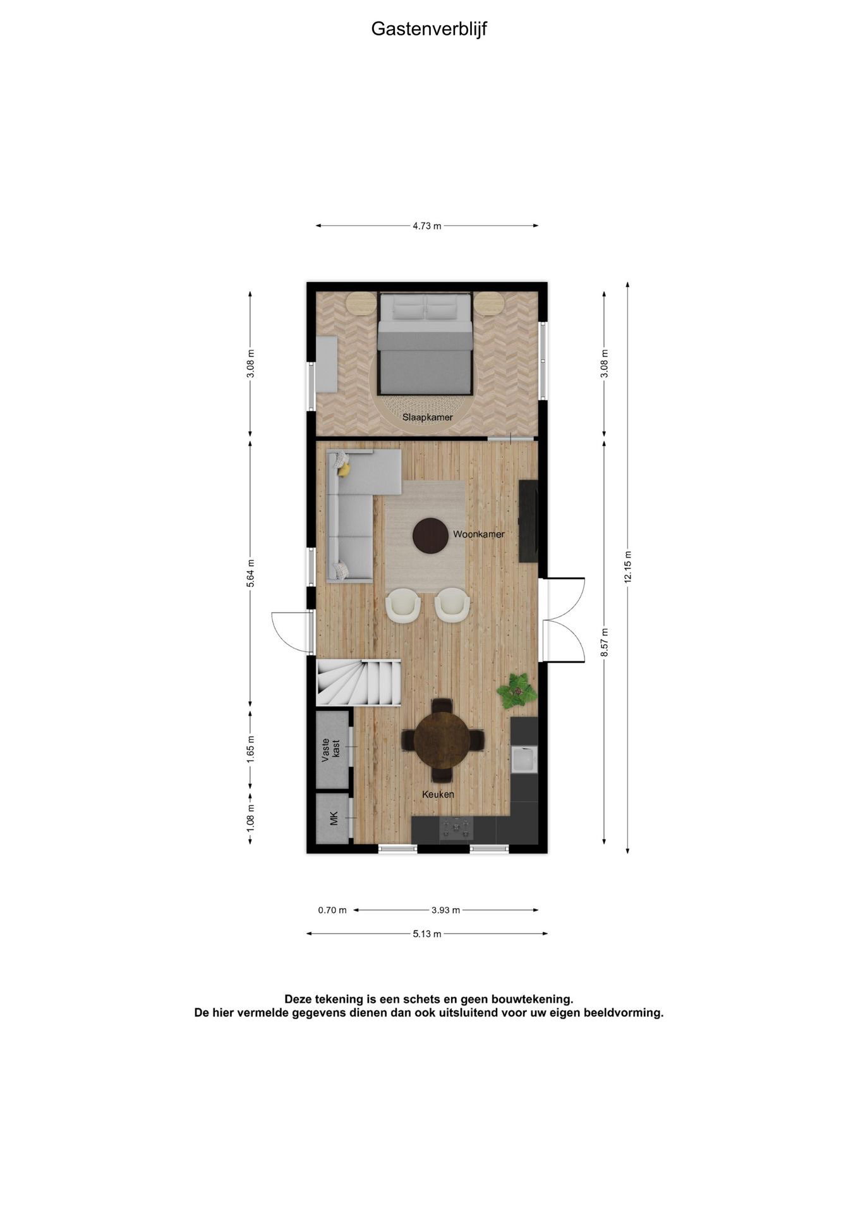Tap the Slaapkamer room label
(x=428, y=417)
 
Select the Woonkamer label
(x=479, y=534)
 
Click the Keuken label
(x=438, y=795)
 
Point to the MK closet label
(x=334, y=819)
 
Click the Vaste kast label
(x=330, y=750)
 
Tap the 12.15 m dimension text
(x=627, y=567)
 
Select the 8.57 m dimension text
(x=605, y=642)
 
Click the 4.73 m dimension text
(x=427, y=226)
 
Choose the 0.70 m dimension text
(x=332, y=910)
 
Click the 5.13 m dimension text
(x=427, y=934)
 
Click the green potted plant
(x=517, y=690)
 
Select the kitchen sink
(x=524, y=759)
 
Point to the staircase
(x=358, y=682)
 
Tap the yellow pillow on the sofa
(x=344, y=470)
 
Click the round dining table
(x=442, y=740)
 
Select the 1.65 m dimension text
(x=251, y=750)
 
